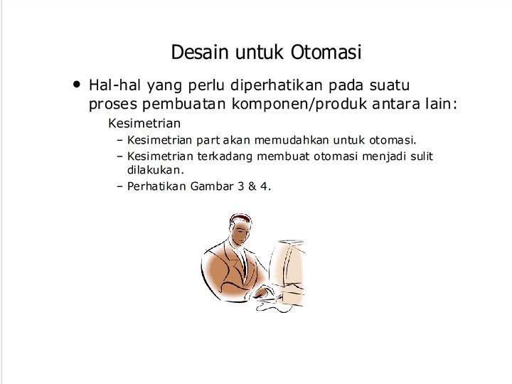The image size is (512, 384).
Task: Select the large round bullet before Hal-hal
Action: pyautogui.click(x=76, y=84)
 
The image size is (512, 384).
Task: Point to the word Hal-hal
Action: pyautogui.click(x=114, y=85)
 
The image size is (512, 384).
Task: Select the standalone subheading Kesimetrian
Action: pyautogui.click(x=144, y=123)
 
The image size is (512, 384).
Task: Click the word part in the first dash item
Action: pyautogui.click(x=210, y=139)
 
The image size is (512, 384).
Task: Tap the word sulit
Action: pyautogui.click(x=419, y=156)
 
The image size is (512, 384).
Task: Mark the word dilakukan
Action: pyautogui.click(x=155, y=171)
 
